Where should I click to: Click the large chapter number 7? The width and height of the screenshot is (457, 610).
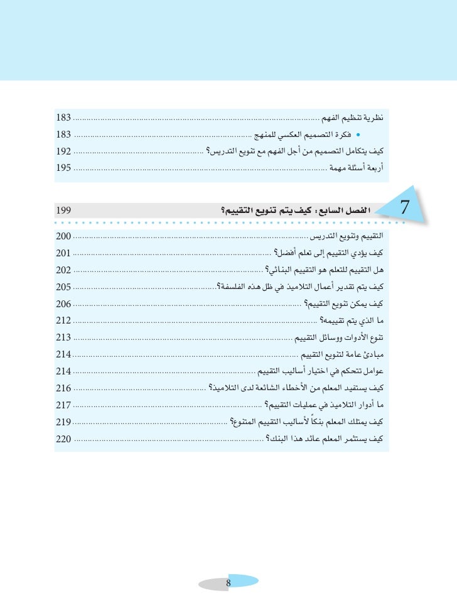click(405, 207)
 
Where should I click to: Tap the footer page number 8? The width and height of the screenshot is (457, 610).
click(228, 584)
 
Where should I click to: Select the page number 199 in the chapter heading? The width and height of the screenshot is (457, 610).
click(63, 210)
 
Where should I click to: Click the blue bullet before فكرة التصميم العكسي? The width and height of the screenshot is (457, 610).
click(358, 134)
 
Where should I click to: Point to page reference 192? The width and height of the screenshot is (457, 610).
click(63, 151)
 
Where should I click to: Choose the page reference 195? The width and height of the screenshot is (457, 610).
click(63, 168)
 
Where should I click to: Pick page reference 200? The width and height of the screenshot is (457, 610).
click(63, 237)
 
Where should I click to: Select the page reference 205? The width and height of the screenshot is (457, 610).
click(63, 287)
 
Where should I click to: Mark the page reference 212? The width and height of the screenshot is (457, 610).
click(63, 321)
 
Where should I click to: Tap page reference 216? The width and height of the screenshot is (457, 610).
click(63, 388)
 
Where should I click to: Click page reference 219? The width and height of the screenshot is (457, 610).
click(63, 422)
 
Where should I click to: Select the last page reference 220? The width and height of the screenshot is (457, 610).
click(63, 438)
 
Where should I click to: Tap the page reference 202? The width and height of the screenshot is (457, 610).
click(63, 271)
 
